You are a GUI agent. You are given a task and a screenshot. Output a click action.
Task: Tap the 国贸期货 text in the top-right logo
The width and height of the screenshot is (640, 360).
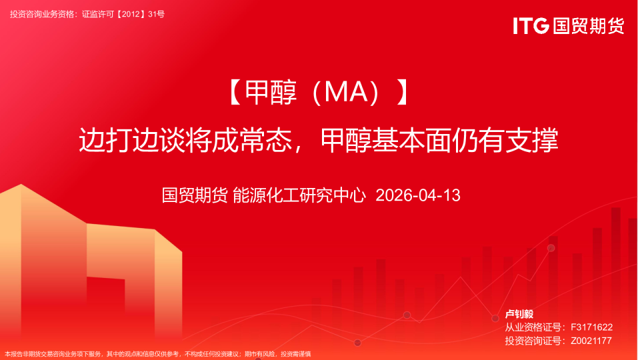588,26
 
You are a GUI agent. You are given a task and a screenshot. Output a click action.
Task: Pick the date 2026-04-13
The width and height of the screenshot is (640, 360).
418,195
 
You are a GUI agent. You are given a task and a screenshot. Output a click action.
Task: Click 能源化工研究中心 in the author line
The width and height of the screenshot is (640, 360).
299,195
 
